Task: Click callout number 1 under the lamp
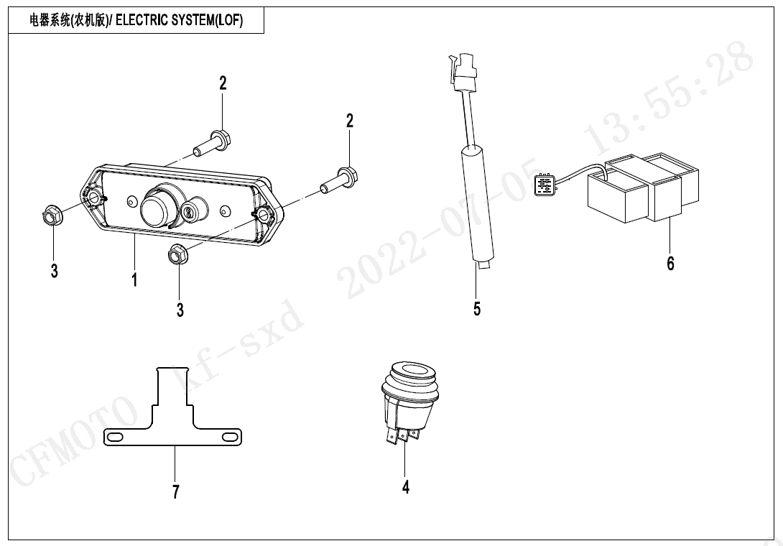click(x=134, y=279)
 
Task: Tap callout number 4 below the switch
click(x=406, y=487)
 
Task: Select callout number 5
click(x=477, y=309)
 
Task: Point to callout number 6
click(x=670, y=264)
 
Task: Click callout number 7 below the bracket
click(x=176, y=491)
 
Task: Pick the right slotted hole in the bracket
click(x=229, y=436)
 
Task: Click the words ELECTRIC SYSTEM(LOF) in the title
click(x=179, y=21)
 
